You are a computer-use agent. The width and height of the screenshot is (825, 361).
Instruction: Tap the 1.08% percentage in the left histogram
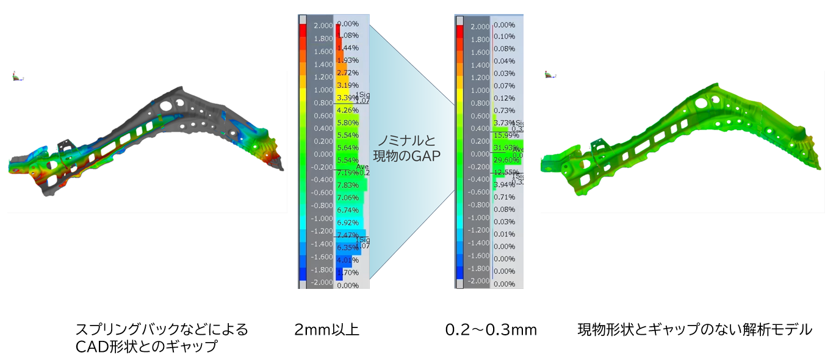(348, 35)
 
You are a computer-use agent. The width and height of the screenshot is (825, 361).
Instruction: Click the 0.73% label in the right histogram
(503, 110)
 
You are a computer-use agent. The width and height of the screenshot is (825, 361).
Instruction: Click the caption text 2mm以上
(326, 330)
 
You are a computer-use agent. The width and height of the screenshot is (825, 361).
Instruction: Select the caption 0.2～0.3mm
(491, 330)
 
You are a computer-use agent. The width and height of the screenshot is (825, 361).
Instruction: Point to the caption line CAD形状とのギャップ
(146, 346)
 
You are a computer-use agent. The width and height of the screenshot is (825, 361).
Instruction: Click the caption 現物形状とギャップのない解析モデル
(695, 330)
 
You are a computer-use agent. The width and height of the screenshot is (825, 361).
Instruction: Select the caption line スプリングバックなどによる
(161, 330)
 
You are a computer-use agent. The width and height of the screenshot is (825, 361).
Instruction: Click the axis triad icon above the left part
(18, 77)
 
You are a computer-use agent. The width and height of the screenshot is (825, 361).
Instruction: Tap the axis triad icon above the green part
(551, 75)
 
